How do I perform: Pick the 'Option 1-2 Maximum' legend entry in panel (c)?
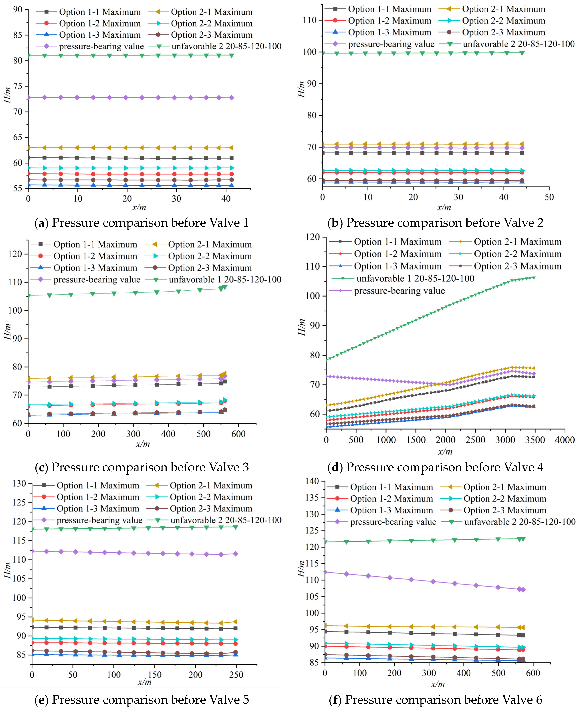pyautogui.click(x=95, y=256)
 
